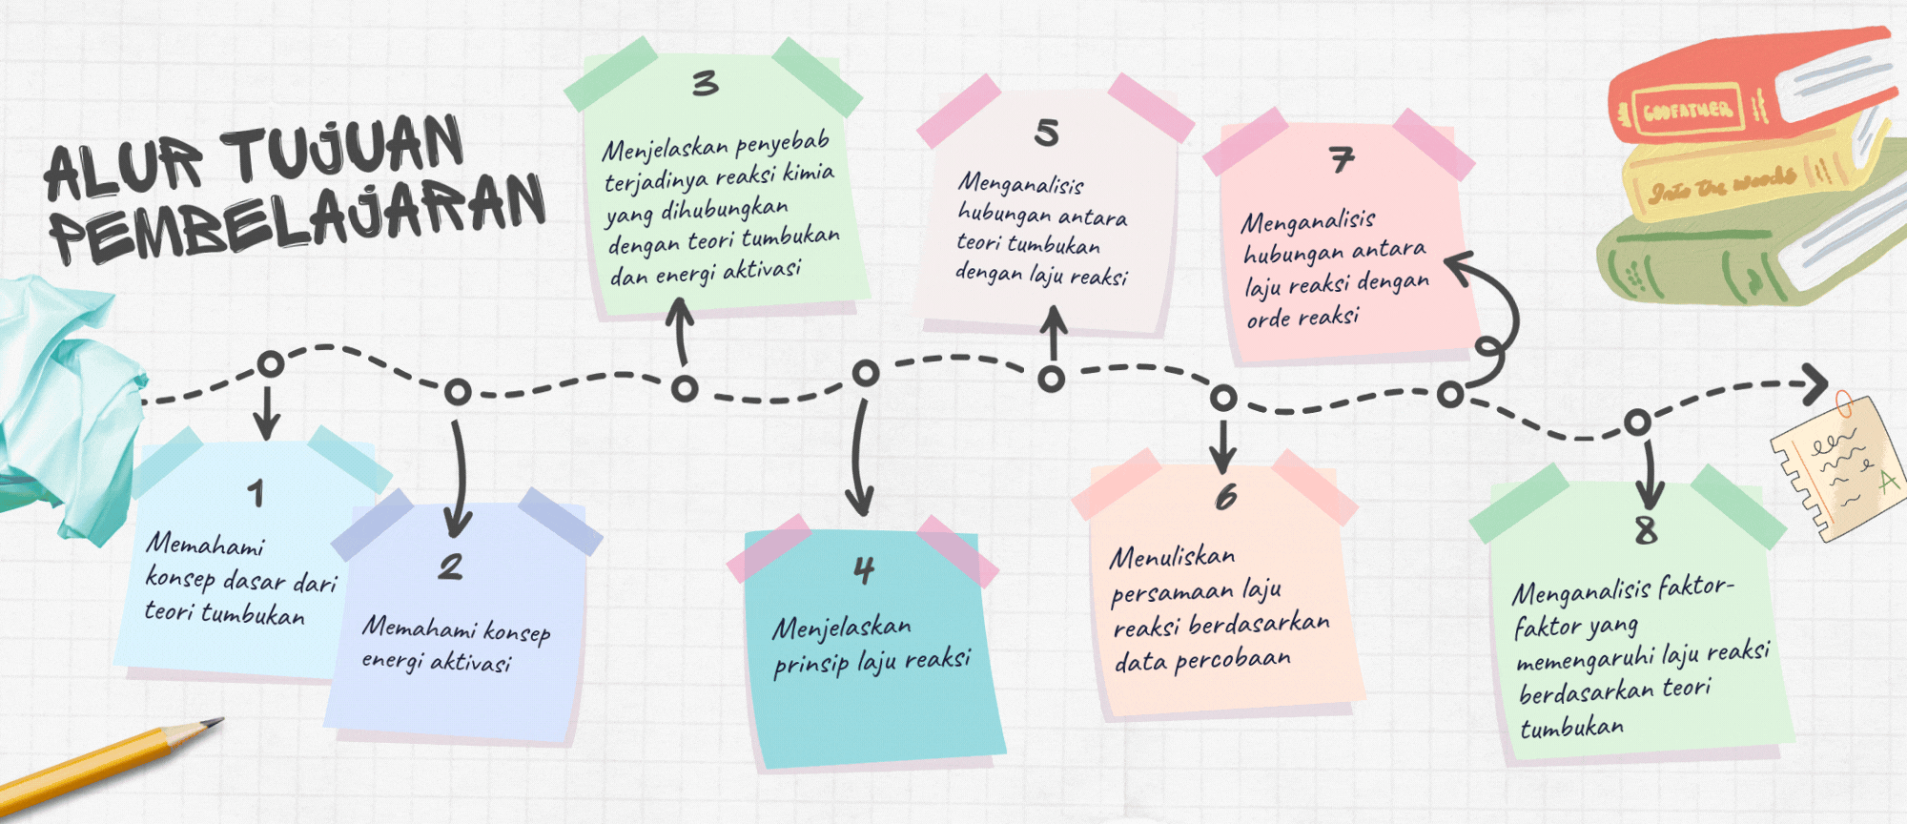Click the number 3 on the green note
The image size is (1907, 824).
(705, 84)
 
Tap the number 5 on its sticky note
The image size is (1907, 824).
(1046, 133)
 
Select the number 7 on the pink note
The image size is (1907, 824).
(1342, 159)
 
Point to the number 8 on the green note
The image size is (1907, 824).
(1646, 530)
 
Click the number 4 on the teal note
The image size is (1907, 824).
(864, 570)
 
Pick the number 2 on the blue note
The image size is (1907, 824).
(450, 567)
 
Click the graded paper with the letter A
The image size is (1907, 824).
(1835, 467)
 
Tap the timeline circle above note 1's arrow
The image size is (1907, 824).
(271, 364)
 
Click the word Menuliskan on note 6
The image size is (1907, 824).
(1172, 557)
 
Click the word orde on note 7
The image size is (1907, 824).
(1268, 319)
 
